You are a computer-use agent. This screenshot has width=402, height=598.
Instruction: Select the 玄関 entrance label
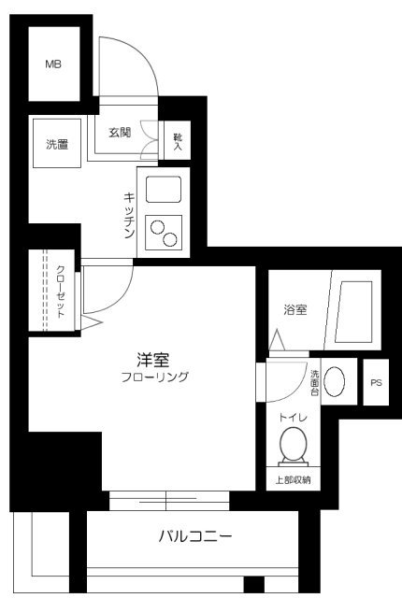[119, 132]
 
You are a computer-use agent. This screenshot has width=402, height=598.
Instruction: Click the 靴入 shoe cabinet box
[177, 141]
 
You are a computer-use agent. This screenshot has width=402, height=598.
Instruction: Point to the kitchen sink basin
[163, 191]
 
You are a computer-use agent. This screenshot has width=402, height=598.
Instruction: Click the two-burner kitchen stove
[163, 232]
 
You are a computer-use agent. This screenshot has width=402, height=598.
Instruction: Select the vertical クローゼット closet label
[61, 292]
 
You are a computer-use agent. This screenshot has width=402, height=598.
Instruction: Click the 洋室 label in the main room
[153, 359]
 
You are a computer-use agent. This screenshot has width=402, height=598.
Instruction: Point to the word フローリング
[155, 377]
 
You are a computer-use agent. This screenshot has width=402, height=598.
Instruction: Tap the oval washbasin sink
[337, 383]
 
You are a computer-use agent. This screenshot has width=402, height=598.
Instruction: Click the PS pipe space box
[376, 383]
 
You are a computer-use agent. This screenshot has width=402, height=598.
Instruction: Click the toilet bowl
[294, 445]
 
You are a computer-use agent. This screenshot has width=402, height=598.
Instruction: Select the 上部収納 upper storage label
[293, 480]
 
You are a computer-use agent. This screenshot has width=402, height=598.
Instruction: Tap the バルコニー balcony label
[194, 537]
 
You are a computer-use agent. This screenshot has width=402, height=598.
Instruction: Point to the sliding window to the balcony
[169, 500]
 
